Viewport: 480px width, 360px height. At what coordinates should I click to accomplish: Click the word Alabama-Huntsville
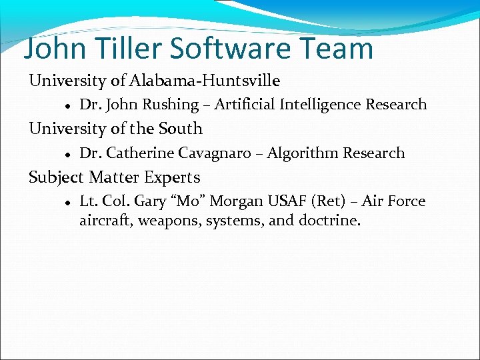[x=205, y=81]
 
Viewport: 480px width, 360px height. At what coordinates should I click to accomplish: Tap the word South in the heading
[x=182, y=128]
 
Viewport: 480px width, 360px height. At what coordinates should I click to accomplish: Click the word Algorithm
[x=303, y=153]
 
